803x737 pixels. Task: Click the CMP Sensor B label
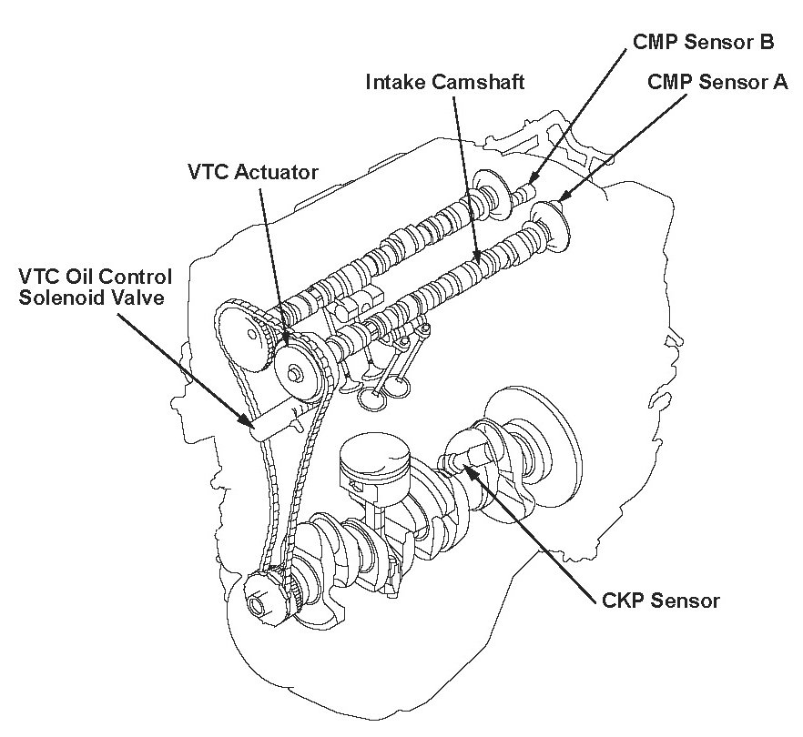pyautogui.click(x=703, y=42)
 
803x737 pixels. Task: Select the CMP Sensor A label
pyautogui.click(x=717, y=81)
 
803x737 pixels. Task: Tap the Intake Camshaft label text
pyautogui.click(x=445, y=82)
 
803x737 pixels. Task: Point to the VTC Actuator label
pyautogui.click(x=253, y=172)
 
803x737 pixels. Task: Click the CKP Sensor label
pyautogui.click(x=661, y=601)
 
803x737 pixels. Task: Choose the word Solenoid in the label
pyautogui.click(x=65, y=298)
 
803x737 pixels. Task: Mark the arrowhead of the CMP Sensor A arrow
pyautogui.click(x=559, y=200)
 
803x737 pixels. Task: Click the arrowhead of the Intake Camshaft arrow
pyautogui.click(x=478, y=264)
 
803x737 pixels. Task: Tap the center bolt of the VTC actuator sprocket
pyautogui.click(x=294, y=374)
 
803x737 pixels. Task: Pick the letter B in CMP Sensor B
pyautogui.click(x=767, y=42)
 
